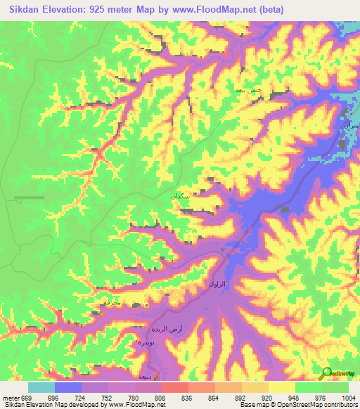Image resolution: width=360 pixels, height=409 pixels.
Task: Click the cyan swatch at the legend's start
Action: tap(41, 387)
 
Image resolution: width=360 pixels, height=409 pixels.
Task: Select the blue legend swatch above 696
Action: tap(68, 387)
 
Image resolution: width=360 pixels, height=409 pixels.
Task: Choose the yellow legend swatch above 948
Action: tap(281, 387)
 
